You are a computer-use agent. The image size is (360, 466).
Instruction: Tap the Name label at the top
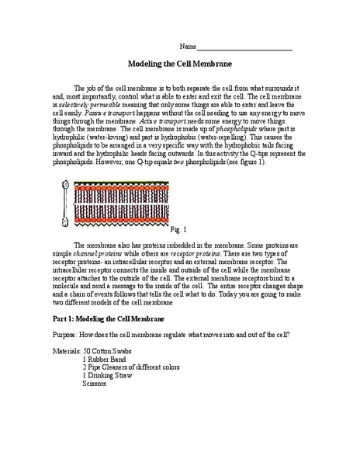(187, 46)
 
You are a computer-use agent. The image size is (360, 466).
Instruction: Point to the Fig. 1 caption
(179, 231)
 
